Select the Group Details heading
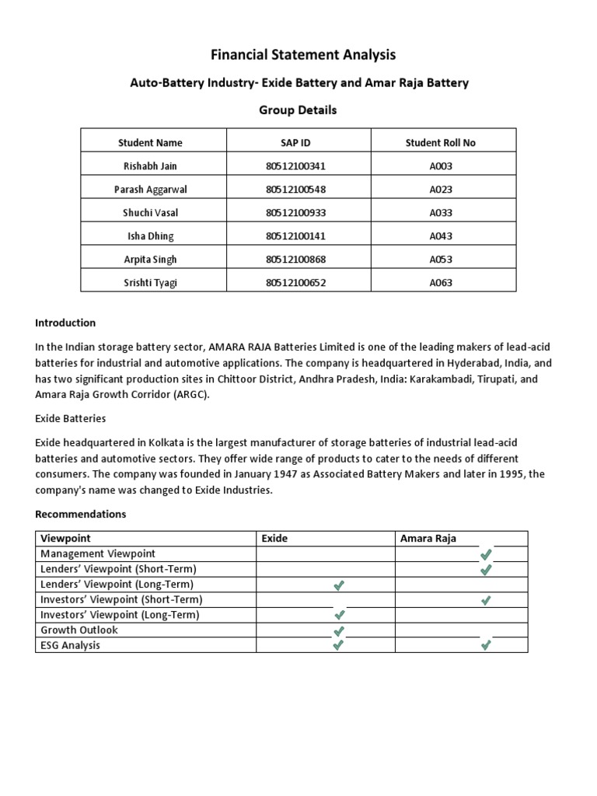tap(298, 110)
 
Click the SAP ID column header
tap(298, 143)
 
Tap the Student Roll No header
tap(441, 143)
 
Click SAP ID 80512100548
tap(298, 190)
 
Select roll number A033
tap(441, 213)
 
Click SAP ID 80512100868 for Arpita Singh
tap(298, 260)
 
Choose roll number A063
tap(441, 283)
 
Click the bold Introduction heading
tap(65, 323)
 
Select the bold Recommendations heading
tap(81, 515)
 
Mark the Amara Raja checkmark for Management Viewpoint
tap(486, 554)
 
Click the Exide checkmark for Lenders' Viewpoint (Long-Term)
tap(338, 585)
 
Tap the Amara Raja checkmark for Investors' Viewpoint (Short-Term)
tap(486, 600)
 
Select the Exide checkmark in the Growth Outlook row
tap(338, 630)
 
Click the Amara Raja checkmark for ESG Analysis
tap(486, 645)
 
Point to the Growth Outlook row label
tap(79, 630)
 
